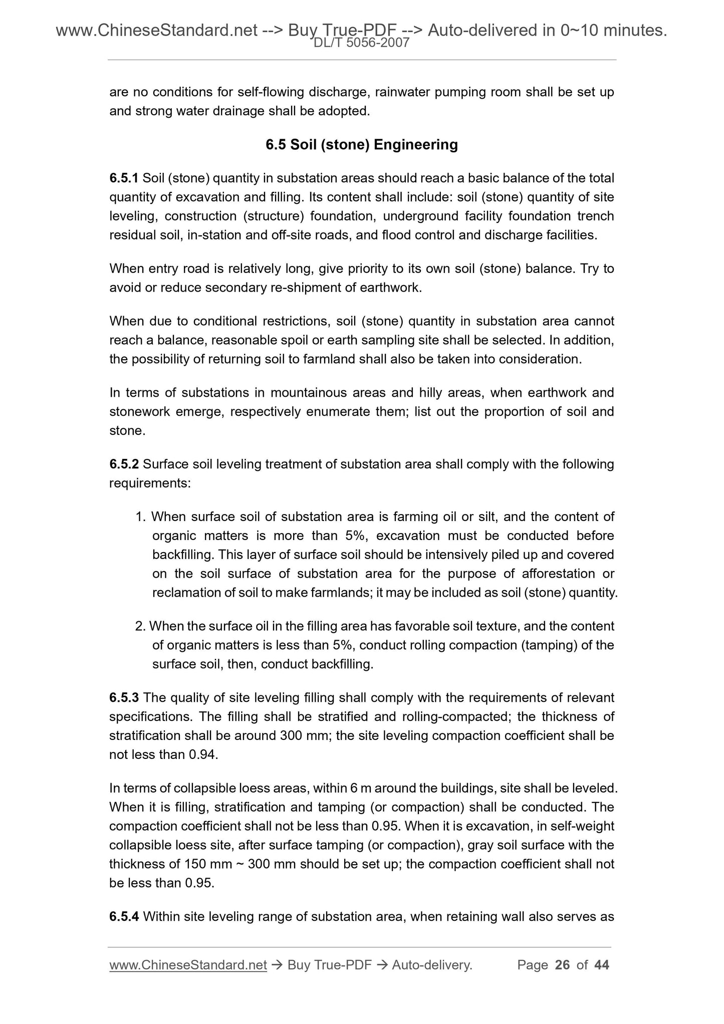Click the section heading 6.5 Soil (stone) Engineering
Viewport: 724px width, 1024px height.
point(361,145)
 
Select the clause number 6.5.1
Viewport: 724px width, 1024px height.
point(124,178)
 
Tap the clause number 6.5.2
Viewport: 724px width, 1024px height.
point(124,464)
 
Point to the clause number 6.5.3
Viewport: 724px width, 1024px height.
point(124,697)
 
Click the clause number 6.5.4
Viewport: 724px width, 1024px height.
point(124,917)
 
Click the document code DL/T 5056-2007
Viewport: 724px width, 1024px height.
point(361,44)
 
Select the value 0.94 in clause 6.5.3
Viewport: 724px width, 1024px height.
point(203,754)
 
